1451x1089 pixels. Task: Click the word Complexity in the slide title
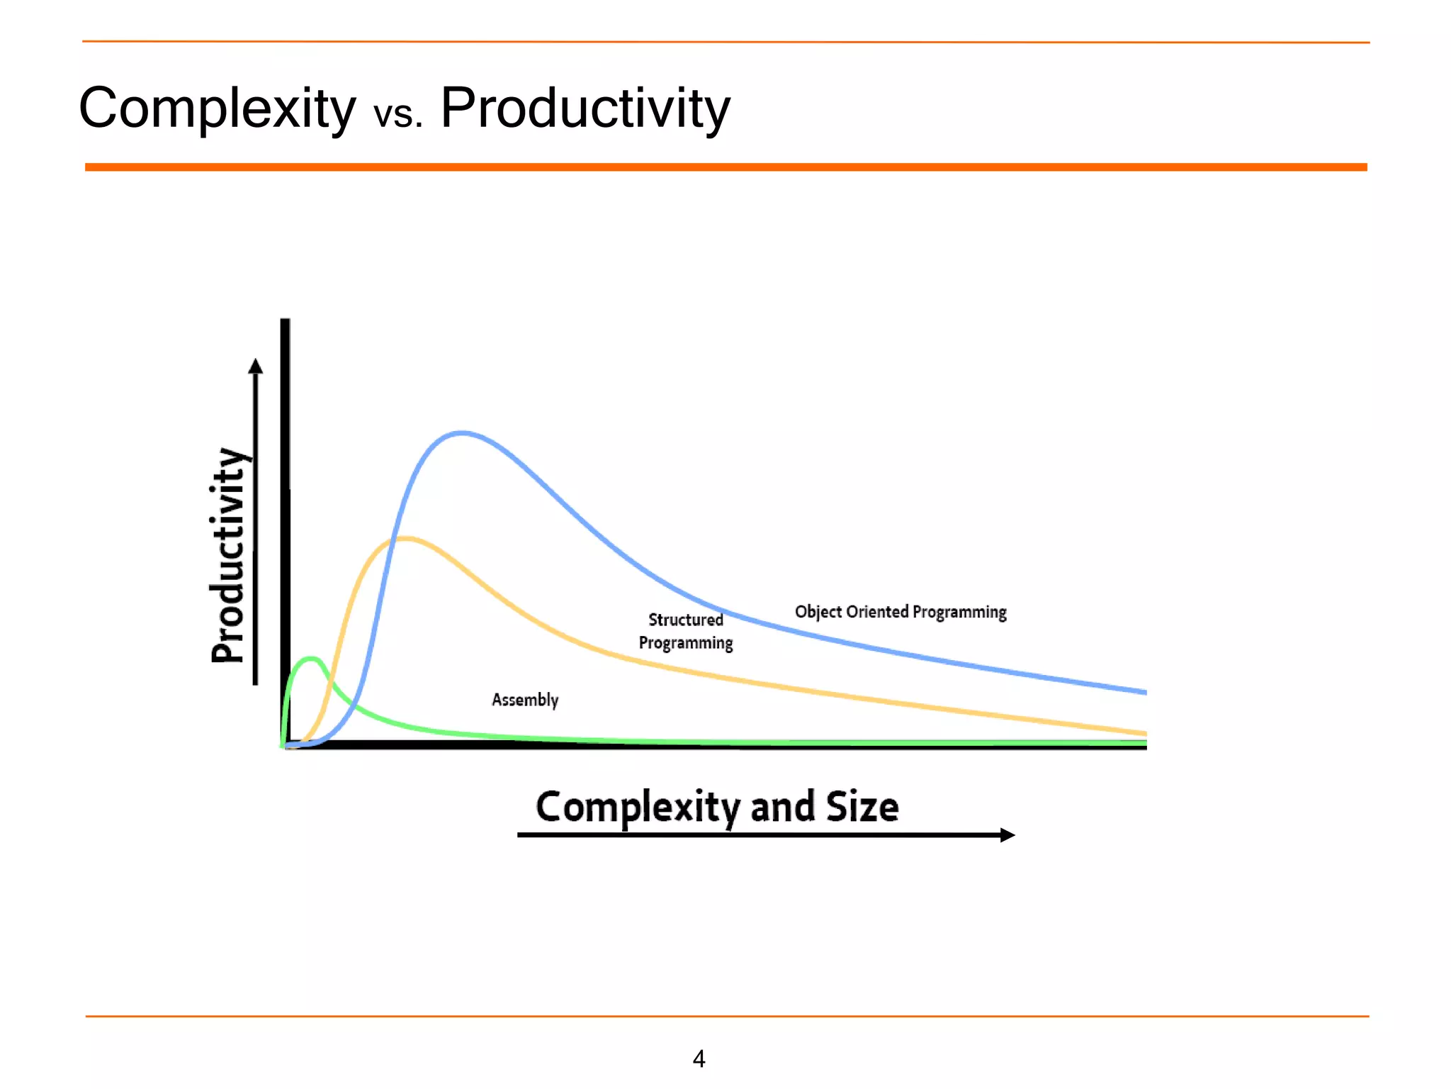click(217, 108)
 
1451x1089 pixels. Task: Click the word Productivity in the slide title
click(585, 108)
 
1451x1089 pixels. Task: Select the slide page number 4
click(699, 1059)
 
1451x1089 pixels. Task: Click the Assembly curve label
click(525, 700)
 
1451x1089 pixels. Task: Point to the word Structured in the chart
click(685, 620)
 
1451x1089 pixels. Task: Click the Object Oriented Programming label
click(900, 612)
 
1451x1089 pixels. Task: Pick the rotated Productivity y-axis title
click(229, 556)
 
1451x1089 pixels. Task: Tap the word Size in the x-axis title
click(862, 808)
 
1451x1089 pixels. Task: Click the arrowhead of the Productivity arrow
click(256, 366)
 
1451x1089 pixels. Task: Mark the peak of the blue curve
click(462, 432)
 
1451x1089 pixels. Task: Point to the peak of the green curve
click(311, 659)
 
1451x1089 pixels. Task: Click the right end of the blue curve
click(1144, 691)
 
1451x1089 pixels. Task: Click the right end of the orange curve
click(1144, 733)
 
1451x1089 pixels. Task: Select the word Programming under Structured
click(685, 643)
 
